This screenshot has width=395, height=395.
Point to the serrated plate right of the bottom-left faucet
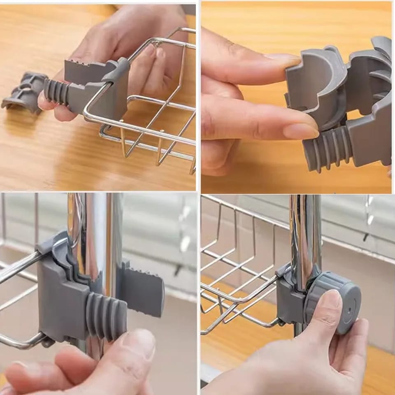[142, 290]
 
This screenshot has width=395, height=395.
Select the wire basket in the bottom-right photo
[239, 263]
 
